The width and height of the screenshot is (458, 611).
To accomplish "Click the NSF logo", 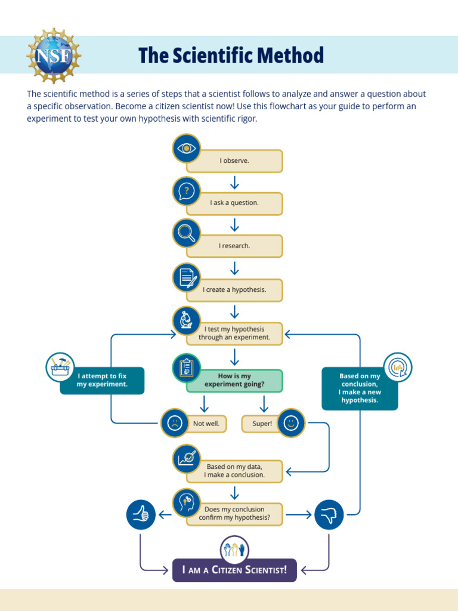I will (x=54, y=55).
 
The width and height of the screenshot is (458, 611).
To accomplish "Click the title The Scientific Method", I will (x=231, y=55).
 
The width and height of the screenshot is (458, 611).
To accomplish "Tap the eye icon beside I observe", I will (x=187, y=149).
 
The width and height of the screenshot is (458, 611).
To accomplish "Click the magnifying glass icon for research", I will (x=187, y=233).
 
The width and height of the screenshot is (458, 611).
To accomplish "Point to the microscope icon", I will (x=187, y=321).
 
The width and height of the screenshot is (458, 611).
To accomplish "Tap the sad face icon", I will (x=175, y=424).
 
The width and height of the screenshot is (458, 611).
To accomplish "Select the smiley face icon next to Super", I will (x=290, y=424).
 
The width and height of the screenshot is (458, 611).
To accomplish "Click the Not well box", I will (x=206, y=424).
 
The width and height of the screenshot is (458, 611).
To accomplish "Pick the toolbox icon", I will (x=61, y=367).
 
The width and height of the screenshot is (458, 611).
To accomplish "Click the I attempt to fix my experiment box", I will (x=102, y=381).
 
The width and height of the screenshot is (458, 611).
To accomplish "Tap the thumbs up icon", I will (x=141, y=514).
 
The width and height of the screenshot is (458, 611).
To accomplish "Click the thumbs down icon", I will (x=329, y=514).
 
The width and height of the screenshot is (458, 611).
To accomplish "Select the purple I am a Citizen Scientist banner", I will (x=234, y=570).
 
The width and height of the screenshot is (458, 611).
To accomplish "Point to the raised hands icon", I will (x=234, y=550).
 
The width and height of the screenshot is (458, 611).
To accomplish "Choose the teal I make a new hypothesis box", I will (x=360, y=388).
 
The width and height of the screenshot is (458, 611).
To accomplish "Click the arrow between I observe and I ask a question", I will (x=234, y=182).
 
